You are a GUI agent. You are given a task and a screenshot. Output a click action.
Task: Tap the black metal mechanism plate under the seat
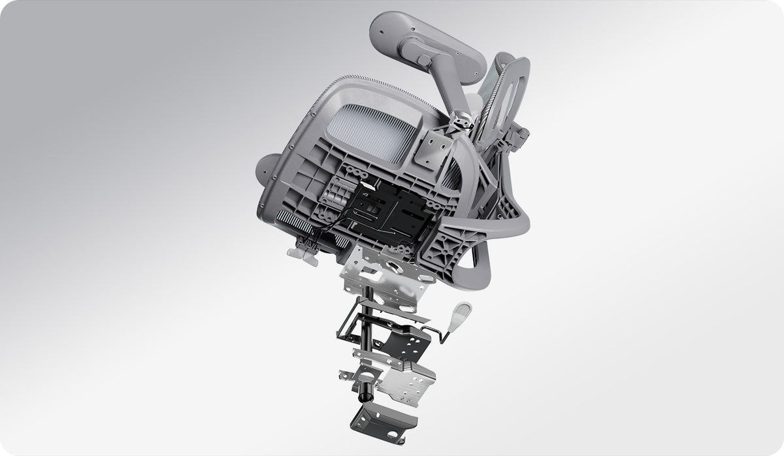tap(385, 212)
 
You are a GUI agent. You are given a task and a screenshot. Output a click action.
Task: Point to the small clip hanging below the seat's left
tap(302, 252)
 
